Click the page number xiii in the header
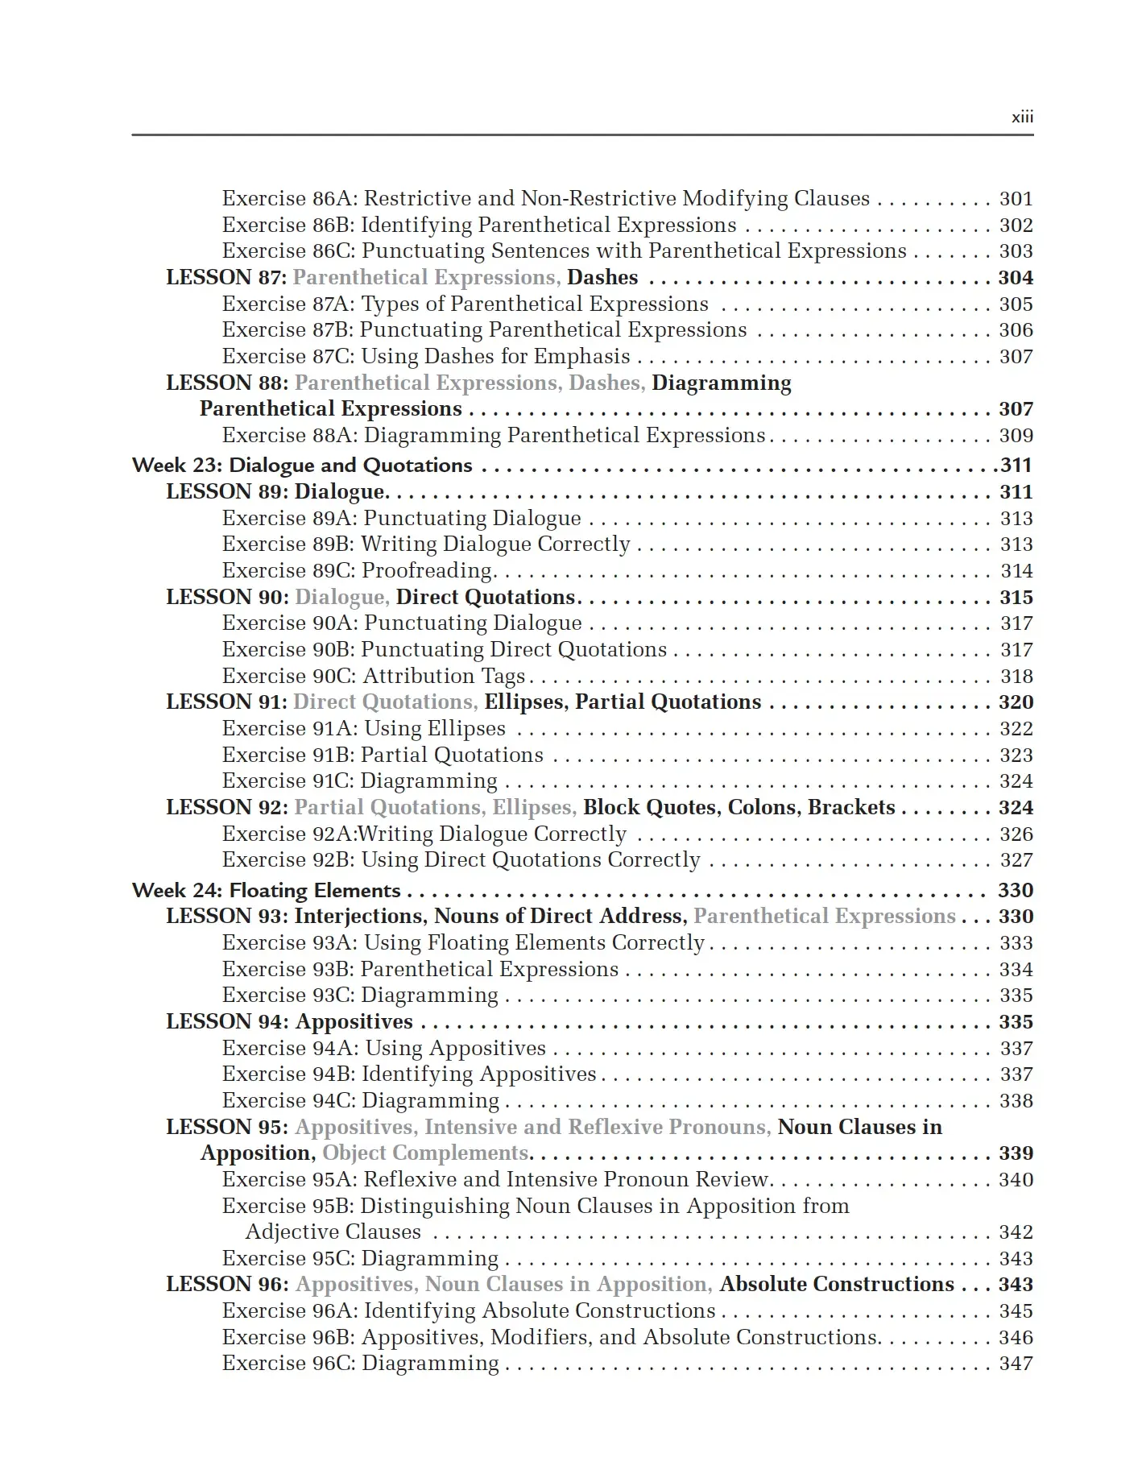pos(1022,118)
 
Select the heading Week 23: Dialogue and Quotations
pos(302,466)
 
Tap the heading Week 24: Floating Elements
pos(266,891)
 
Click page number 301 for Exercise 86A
pos(1016,199)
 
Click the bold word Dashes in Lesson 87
pos(602,278)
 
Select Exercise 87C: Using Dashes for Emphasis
pos(426,357)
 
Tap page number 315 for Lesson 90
pos(1016,598)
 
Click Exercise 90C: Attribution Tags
pos(374,677)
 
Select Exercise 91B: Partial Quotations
pos(383,755)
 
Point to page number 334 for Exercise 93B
pos(1016,970)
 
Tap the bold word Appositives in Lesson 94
pos(354,1022)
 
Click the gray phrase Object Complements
pos(425,1153)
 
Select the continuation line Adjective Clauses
pos(333,1232)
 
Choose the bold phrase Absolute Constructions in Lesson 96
pos(837,1285)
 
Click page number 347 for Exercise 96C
pos(1016,1364)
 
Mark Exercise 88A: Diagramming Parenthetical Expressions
pos(493,436)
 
